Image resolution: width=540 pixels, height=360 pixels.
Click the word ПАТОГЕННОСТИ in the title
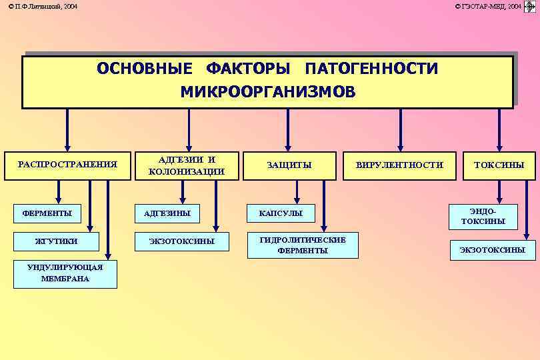(x=371, y=69)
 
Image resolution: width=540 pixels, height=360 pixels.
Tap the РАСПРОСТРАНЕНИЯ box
(x=67, y=165)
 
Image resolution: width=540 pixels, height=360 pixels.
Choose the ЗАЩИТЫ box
(x=289, y=165)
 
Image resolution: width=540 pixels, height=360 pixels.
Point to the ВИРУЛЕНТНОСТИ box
(x=399, y=165)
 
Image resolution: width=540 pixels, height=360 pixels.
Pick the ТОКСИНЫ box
(x=499, y=165)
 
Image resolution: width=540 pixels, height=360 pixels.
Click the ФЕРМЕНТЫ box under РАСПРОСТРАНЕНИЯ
(x=47, y=214)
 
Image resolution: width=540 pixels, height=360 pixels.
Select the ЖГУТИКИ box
(x=57, y=241)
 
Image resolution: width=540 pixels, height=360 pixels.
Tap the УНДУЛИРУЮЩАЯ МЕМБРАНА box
(x=65, y=273)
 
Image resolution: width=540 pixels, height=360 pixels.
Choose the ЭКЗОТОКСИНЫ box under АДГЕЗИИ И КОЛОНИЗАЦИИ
(x=181, y=241)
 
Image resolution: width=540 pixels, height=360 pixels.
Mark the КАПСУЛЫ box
(x=280, y=214)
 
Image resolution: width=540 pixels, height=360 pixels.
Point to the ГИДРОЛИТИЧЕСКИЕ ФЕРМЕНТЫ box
(x=302, y=245)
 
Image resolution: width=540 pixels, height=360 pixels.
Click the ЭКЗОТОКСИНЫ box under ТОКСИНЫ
(x=492, y=250)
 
